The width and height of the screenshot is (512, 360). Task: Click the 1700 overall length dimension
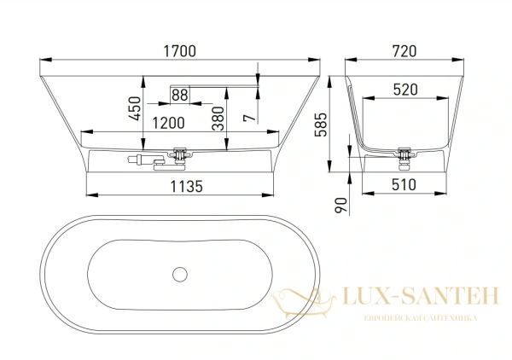click(x=179, y=51)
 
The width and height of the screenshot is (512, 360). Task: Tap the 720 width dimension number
click(x=404, y=51)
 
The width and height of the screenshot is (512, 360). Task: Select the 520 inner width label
click(x=405, y=90)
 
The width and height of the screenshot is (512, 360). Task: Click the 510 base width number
click(x=404, y=185)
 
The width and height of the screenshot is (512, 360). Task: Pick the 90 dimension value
click(x=340, y=205)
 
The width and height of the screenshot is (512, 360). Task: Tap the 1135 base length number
click(x=186, y=187)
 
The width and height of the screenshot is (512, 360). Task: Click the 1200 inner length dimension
click(x=168, y=123)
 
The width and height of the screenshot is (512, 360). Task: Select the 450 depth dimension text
click(x=136, y=108)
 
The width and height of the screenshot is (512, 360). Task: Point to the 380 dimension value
click(x=218, y=118)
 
